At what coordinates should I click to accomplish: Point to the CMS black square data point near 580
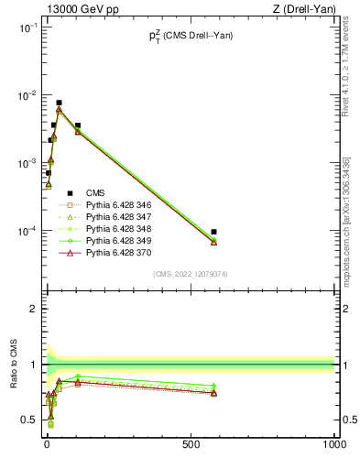tap(213, 232)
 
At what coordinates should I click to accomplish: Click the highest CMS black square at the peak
tap(59, 104)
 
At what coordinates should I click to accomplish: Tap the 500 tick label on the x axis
tap(191, 443)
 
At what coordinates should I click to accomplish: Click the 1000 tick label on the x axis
tap(333, 443)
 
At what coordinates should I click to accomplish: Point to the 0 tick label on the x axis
tap(47, 443)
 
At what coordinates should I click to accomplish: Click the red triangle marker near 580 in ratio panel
tap(213, 393)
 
